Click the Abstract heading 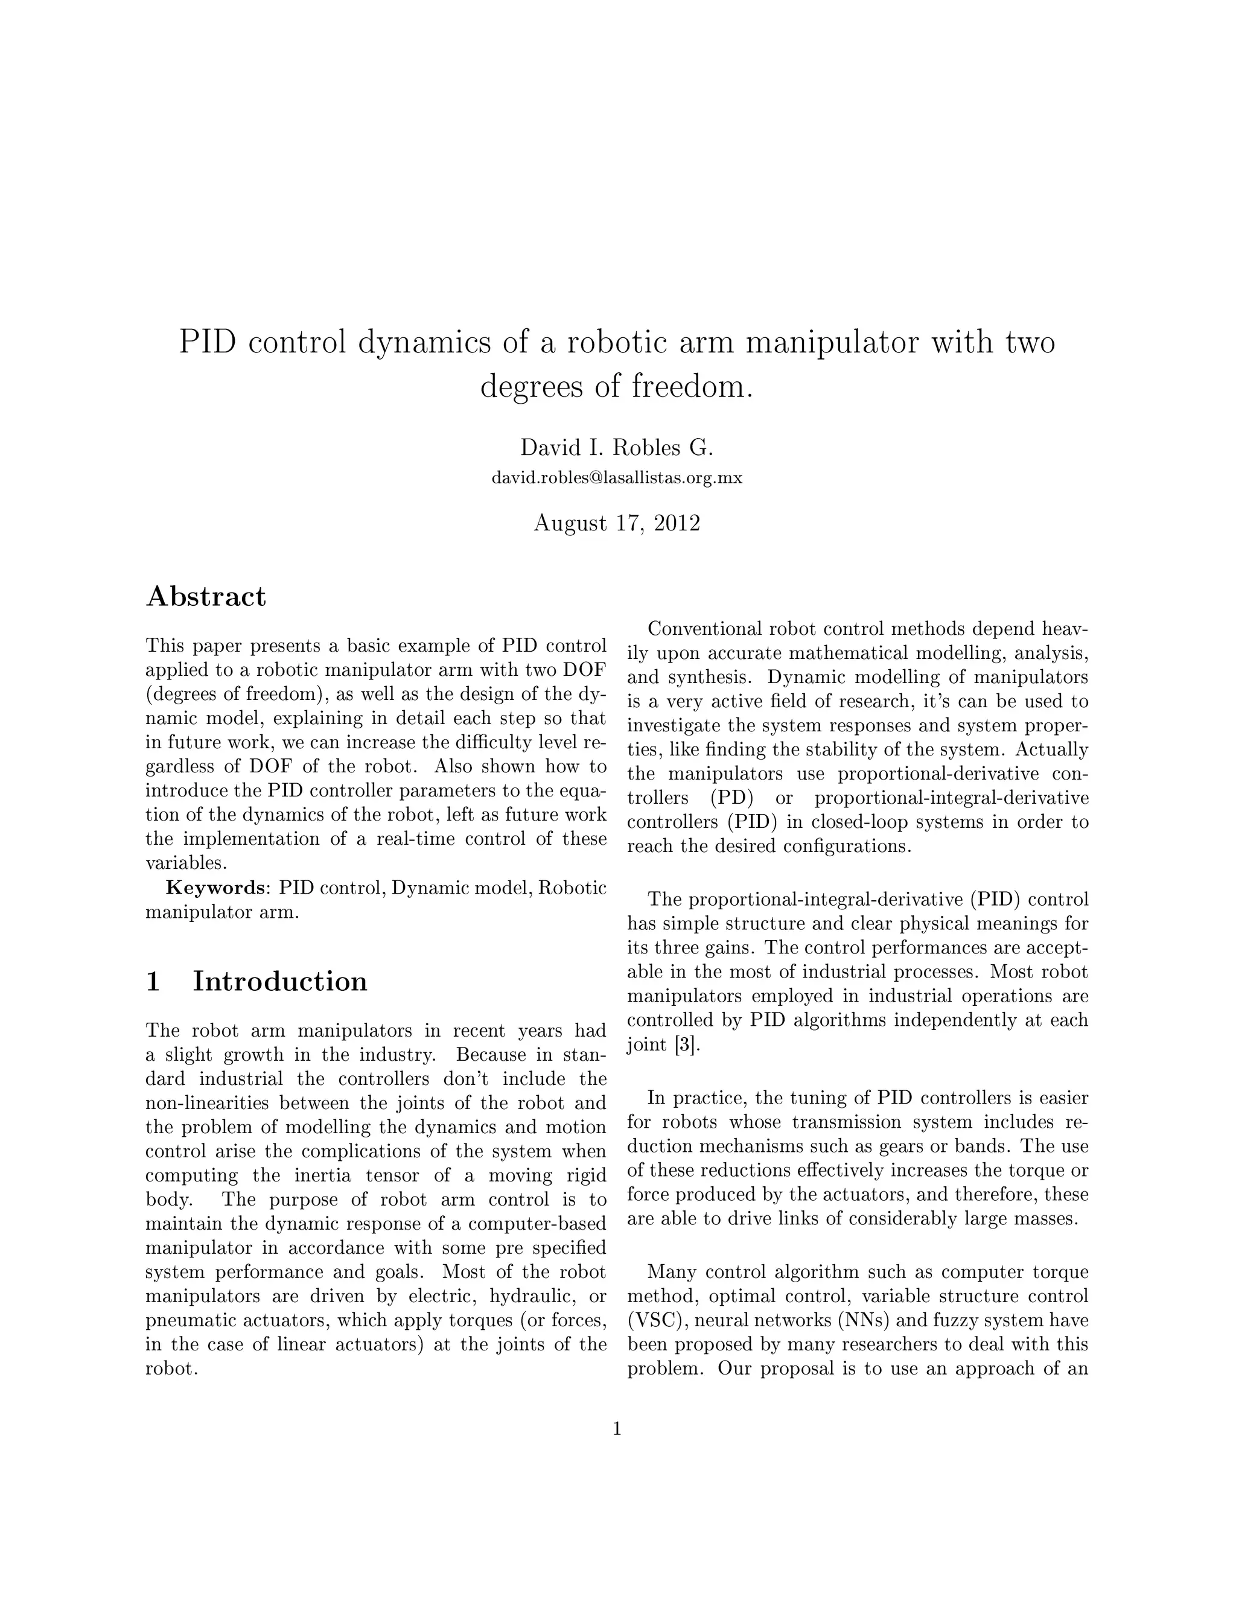tap(206, 597)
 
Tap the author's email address tap(617, 478)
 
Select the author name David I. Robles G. tap(617, 447)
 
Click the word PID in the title tap(208, 343)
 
